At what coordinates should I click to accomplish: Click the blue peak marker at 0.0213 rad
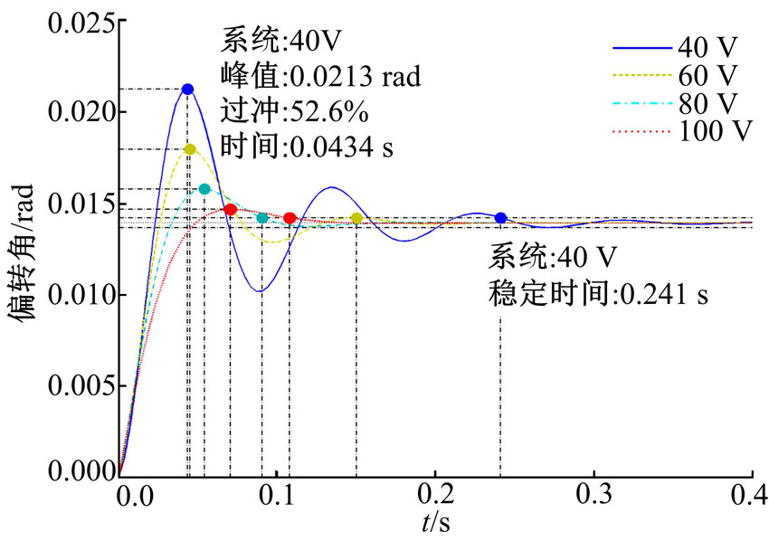(x=187, y=89)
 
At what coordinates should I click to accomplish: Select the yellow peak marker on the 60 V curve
(x=190, y=149)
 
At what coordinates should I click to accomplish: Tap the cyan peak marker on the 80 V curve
(x=204, y=189)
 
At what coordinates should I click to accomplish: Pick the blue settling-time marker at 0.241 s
(x=500, y=218)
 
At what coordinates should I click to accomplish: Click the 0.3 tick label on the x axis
(x=594, y=495)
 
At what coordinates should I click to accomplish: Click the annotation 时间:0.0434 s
(x=306, y=147)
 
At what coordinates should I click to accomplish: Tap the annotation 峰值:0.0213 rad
(x=320, y=76)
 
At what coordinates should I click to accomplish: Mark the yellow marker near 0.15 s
(x=356, y=218)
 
